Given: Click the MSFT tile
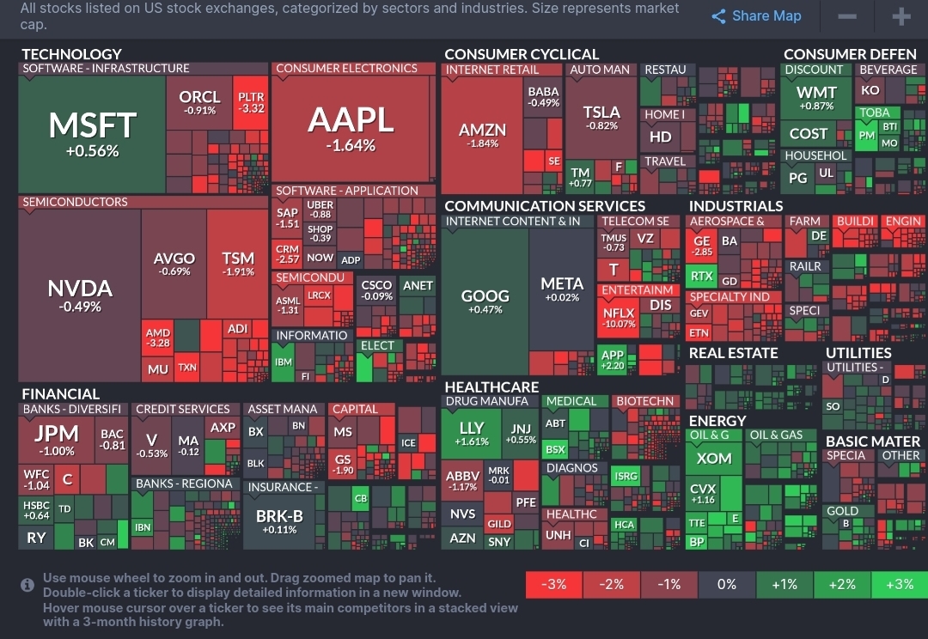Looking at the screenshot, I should pos(92,134).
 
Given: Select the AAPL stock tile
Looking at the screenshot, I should pos(351,129).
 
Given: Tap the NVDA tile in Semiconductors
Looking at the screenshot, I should pos(79,294).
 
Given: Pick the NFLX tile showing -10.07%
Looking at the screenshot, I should pos(619,319).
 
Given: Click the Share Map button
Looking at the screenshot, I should pos(756,16).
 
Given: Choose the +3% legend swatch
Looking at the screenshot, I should pos(899,584).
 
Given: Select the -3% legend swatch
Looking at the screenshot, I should pos(554,584).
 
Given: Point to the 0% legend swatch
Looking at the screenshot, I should pos(727,584).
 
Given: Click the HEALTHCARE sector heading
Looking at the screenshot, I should pos(491,387).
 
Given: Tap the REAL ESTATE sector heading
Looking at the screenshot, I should pos(733,353).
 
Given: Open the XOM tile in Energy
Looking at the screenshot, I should pos(714,458).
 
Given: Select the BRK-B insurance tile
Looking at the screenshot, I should pos(279,521).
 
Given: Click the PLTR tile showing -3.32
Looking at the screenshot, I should pos(251,103).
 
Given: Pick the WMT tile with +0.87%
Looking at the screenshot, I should pos(815,98).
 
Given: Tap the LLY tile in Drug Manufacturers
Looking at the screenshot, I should pos(472,433).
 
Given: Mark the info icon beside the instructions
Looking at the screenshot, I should pos(27,585).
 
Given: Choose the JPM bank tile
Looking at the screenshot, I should pos(56,438).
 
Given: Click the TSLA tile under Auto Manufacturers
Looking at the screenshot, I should pos(601,118).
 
